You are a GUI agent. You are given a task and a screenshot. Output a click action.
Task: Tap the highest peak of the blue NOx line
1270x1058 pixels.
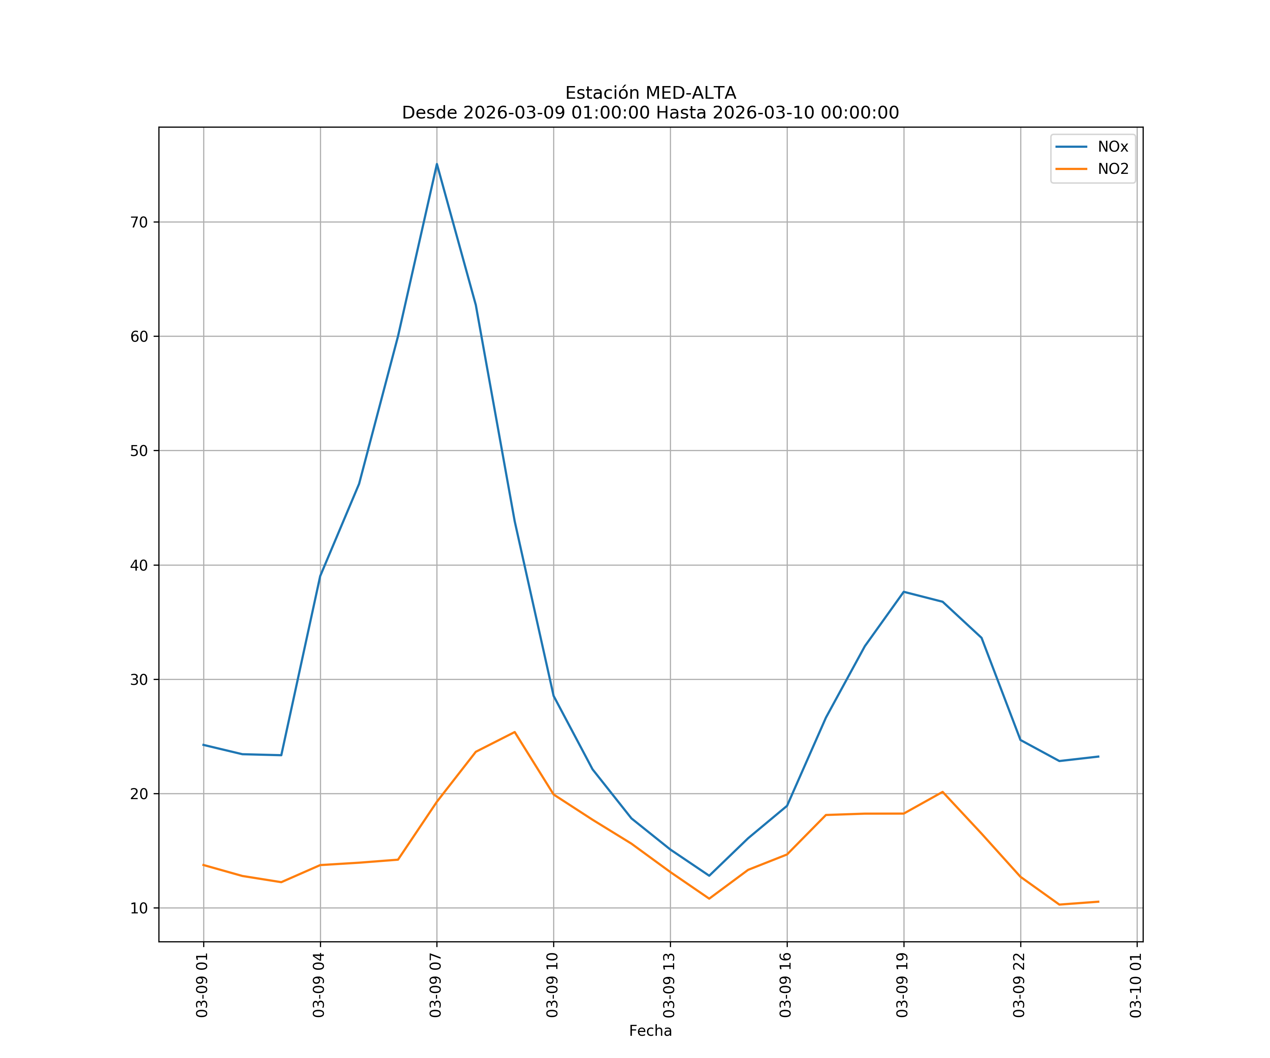[437, 164]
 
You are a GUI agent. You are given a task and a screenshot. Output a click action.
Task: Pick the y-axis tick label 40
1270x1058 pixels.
[139, 565]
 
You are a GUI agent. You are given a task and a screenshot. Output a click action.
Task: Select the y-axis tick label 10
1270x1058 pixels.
[139, 908]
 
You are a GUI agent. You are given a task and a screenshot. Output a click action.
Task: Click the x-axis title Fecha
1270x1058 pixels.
[650, 1031]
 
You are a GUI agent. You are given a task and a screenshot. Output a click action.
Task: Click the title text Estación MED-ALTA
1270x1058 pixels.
[650, 93]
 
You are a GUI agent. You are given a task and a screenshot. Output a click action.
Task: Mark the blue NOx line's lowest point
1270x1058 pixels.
[709, 875]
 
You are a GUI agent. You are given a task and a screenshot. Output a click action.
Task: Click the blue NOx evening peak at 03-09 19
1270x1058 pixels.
[903, 591]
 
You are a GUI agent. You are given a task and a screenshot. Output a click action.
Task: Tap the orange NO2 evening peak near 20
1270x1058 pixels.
[942, 792]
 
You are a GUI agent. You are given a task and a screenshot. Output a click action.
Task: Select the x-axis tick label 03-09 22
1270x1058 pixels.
[1020, 985]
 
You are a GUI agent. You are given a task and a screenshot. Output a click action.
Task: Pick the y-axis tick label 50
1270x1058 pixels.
[139, 450]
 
